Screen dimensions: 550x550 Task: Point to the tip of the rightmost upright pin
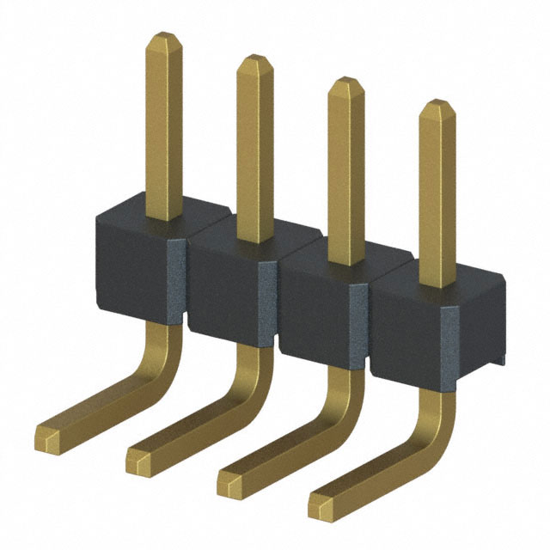pyautogui.click(x=437, y=107)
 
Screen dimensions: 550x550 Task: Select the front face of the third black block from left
pyautogui.click(x=314, y=314)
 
